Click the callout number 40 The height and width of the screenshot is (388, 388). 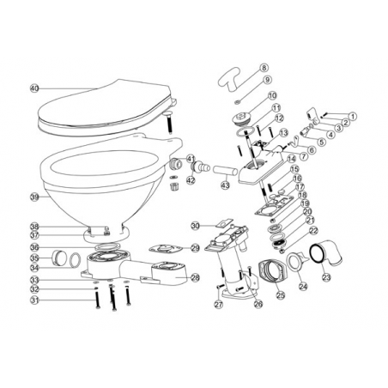[34, 88]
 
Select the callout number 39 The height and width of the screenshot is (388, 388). [34, 197]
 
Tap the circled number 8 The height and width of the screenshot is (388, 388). [264, 67]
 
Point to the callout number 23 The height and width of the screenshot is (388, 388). [326, 276]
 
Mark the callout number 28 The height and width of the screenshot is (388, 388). [195, 277]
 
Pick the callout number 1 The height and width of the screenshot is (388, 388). [352, 116]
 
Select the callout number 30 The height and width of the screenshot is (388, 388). [195, 226]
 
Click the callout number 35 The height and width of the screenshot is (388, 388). [34, 257]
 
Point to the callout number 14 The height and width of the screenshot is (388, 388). [293, 158]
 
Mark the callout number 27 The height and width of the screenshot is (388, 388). [218, 303]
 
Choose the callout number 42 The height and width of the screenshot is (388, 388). [191, 180]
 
